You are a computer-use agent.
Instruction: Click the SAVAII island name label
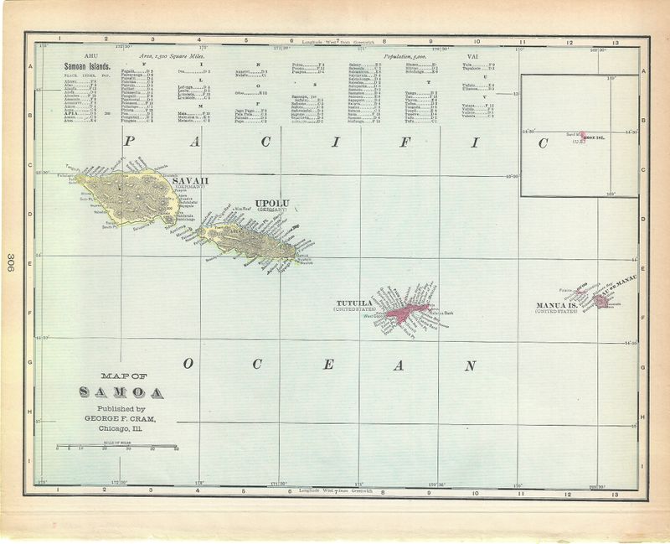point(187,180)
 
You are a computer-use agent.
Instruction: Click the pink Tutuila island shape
point(406,313)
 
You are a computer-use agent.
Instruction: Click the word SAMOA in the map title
point(122,392)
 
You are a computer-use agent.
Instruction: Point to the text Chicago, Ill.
point(121,429)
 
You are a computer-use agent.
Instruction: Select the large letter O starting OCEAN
point(189,365)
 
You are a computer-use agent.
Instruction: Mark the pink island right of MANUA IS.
point(600,300)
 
